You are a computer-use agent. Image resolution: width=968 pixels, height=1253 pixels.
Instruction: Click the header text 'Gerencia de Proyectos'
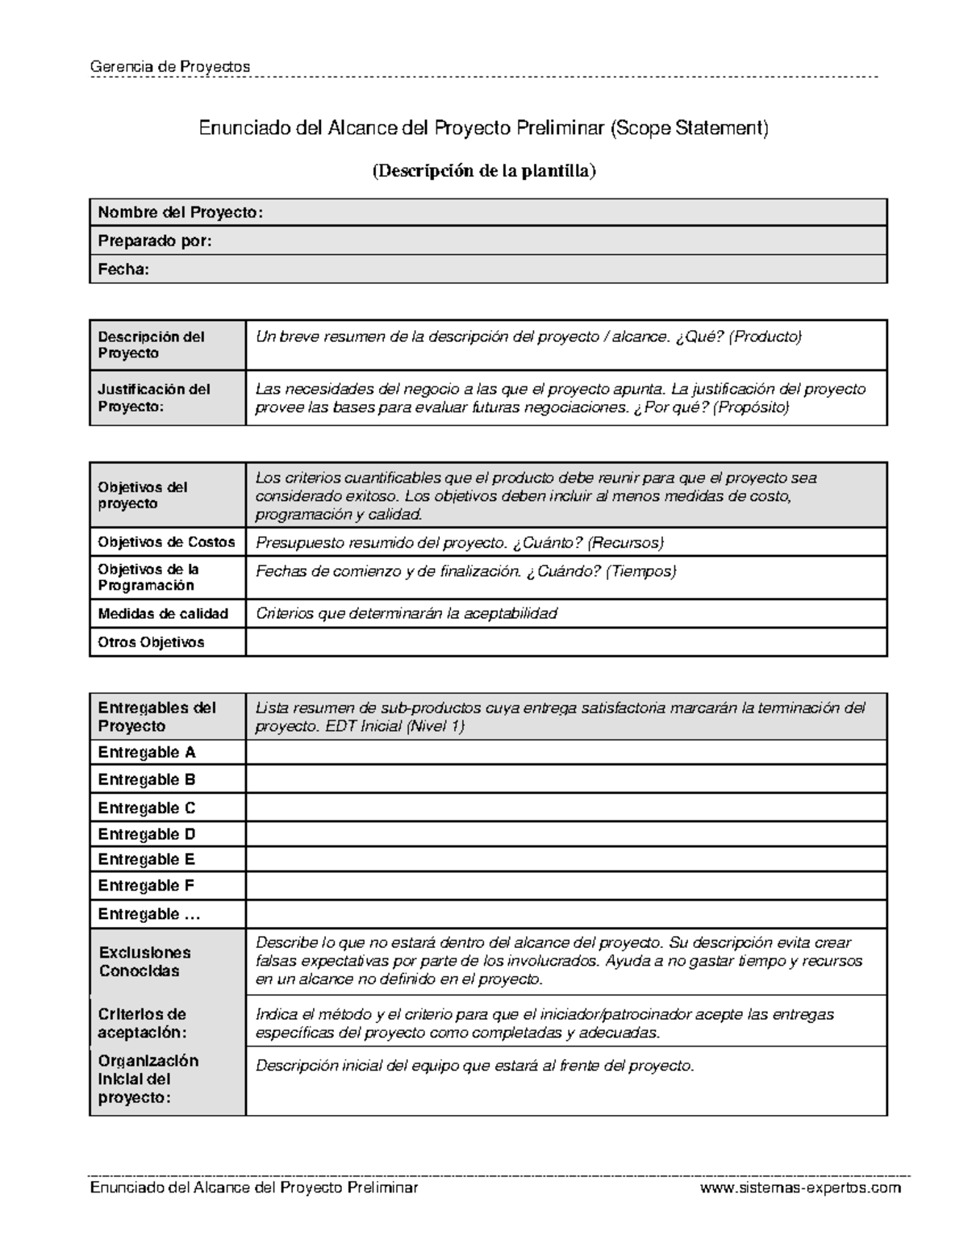(170, 66)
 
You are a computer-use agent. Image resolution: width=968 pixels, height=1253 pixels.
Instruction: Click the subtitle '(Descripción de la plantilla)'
(483, 171)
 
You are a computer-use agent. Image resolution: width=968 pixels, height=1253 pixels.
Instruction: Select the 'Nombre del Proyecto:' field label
(180, 212)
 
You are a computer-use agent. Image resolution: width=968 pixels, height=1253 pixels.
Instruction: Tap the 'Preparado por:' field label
(155, 240)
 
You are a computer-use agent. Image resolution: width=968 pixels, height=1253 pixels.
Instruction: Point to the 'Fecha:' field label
(123, 269)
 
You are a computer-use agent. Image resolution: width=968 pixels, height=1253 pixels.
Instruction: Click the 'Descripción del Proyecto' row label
(151, 345)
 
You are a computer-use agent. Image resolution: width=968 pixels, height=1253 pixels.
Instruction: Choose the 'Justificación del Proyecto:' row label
(154, 398)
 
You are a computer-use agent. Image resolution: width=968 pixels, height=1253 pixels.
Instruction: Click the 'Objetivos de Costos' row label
(166, 542)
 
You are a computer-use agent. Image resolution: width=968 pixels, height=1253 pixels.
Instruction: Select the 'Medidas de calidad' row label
(163, 613)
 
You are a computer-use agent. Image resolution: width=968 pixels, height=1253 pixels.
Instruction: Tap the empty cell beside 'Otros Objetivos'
(565, 642)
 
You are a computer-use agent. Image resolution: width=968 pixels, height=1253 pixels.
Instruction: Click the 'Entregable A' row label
(147, 752)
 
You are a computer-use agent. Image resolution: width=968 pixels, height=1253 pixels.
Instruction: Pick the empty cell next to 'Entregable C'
(565, 808)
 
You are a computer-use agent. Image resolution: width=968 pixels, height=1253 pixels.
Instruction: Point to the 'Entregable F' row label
(146, 885)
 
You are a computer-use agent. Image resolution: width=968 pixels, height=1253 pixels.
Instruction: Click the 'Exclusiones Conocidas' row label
(144, 962)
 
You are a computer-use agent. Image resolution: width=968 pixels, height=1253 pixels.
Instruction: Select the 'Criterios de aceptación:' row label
(142, 1023)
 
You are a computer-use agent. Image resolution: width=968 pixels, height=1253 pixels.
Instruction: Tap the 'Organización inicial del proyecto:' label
(148, 1079)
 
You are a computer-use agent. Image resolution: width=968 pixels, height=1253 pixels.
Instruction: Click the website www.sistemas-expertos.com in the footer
(800, 1188)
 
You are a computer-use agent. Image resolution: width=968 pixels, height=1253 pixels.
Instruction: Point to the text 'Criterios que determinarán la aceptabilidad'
(407, 613)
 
